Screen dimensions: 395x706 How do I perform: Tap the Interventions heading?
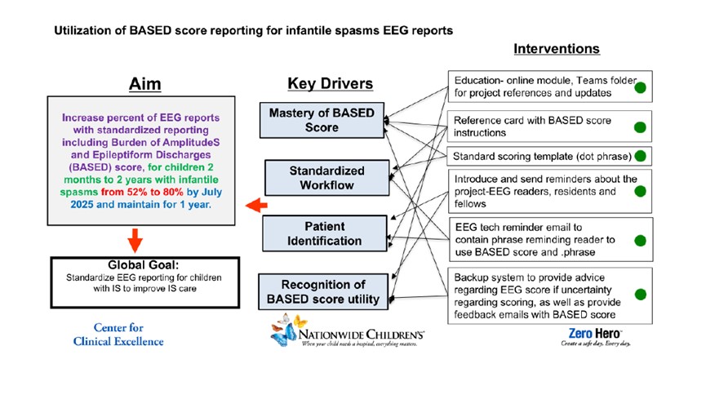[556, 49]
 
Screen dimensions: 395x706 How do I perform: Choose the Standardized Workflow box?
[315, 179]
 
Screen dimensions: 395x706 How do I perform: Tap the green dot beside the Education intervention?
[642, 87]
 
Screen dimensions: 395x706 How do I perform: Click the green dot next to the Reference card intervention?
[642, 127]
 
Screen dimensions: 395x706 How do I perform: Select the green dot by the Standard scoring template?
[642, 155]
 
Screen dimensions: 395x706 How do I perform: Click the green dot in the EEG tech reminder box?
[642, 242]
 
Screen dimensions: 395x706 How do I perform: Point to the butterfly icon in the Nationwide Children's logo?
[287, 333]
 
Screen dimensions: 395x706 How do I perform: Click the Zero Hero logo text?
[596, 334]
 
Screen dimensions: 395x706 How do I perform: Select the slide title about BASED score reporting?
[253, 31]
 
